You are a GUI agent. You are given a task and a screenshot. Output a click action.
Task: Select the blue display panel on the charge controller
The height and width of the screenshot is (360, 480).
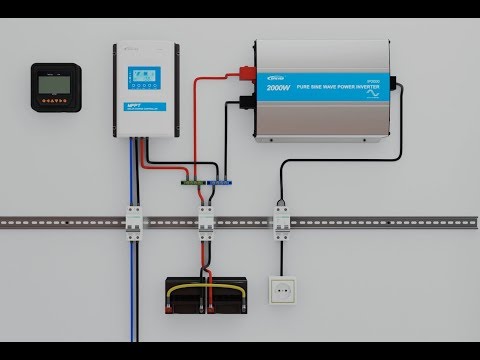pos(141,77)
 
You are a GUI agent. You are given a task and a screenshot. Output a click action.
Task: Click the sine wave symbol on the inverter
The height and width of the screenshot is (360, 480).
pos(374,88)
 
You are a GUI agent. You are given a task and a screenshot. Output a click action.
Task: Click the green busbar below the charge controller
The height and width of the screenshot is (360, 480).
pos(191,183)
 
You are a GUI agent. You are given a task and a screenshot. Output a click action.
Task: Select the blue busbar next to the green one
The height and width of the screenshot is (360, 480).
pos(219,183)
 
